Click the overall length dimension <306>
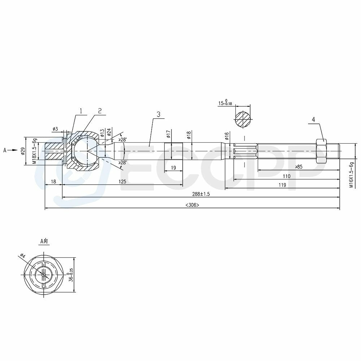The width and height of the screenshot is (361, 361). tap(192, 205)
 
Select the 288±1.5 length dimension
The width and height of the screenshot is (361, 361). tap(201, 194)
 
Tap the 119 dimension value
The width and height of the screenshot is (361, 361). tap(282, 185)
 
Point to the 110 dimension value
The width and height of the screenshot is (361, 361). tap(287, 176)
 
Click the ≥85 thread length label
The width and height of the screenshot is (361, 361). tap(299, 167)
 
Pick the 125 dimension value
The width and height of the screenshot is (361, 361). tap(122, 182)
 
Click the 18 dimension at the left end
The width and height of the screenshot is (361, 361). tap(53, 182)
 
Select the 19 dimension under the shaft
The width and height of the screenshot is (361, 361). tap(173, 168)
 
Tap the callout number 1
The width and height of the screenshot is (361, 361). tap(81, 111)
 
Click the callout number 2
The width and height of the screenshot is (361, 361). tap(100, 111)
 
